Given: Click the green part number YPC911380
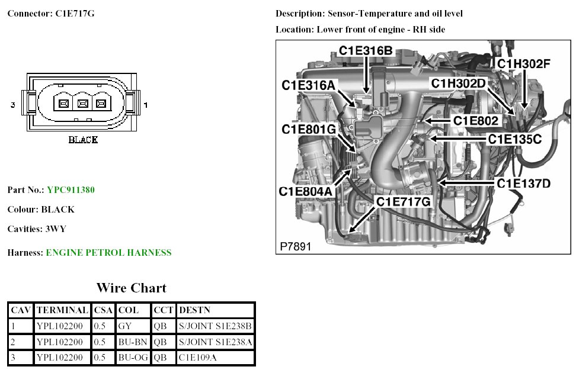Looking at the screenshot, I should tap(71, 190).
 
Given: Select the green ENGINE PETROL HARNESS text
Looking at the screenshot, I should tap(108, 253).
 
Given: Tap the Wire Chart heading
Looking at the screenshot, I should tap(131, 288).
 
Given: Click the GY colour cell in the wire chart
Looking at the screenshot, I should tap(124, 325).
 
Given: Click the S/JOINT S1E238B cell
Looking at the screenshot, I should tap(215, 325).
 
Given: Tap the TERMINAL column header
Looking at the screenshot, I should tap(62, 310).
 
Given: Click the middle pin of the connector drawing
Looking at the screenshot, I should tap(83, 104).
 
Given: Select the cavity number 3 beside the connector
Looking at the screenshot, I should tap(12, 105).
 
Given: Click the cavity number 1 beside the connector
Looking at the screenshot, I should tap(146, 105).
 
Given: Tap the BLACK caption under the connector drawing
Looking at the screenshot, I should tap(83, 140).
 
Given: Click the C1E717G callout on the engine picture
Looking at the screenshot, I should tap(404, 202).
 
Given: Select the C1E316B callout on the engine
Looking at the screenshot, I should tap(366, 51).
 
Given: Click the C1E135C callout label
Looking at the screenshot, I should tap(514, 139).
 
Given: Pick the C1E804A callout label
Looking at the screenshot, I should tap(306, 191).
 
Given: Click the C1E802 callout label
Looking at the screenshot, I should tap(476, 120).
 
